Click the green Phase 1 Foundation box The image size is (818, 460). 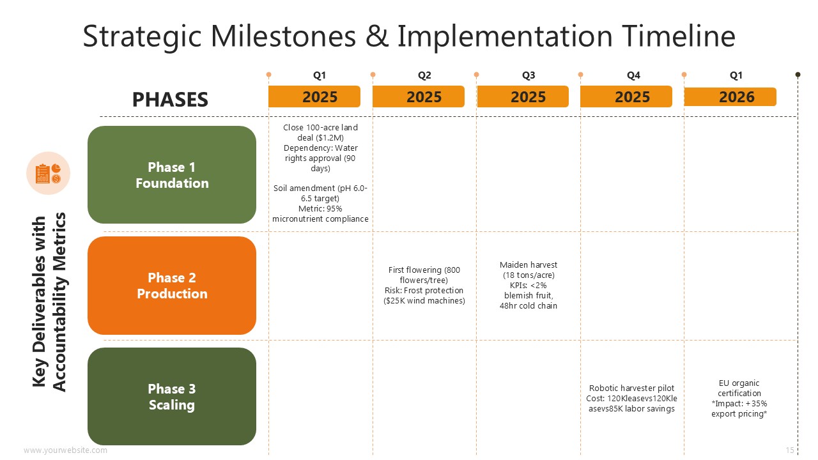click(172, 174)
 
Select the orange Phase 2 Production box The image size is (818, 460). click(172, 286)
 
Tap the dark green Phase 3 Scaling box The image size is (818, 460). click(172, 396)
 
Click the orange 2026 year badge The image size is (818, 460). click(730, 96)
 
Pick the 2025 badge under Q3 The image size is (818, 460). click(523, 96)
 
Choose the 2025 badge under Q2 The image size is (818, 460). click(419, 96)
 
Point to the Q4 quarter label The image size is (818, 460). click(633, 75)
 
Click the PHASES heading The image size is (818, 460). click(170, 99)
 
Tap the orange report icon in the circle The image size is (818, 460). click(48, 173)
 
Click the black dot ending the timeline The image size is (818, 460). click(798, 75)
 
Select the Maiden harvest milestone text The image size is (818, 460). click(529, 285)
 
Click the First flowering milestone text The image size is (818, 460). click(424, 285)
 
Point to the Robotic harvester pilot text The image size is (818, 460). click(632, 398)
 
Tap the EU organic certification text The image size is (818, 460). click(739, 398)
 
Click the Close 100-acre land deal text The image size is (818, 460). click(320, 148)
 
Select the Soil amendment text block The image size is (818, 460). click(320, 203)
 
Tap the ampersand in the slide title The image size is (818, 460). click(377, 36)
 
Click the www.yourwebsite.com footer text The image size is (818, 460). click(65, 450)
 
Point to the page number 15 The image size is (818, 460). click(790, 450)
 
